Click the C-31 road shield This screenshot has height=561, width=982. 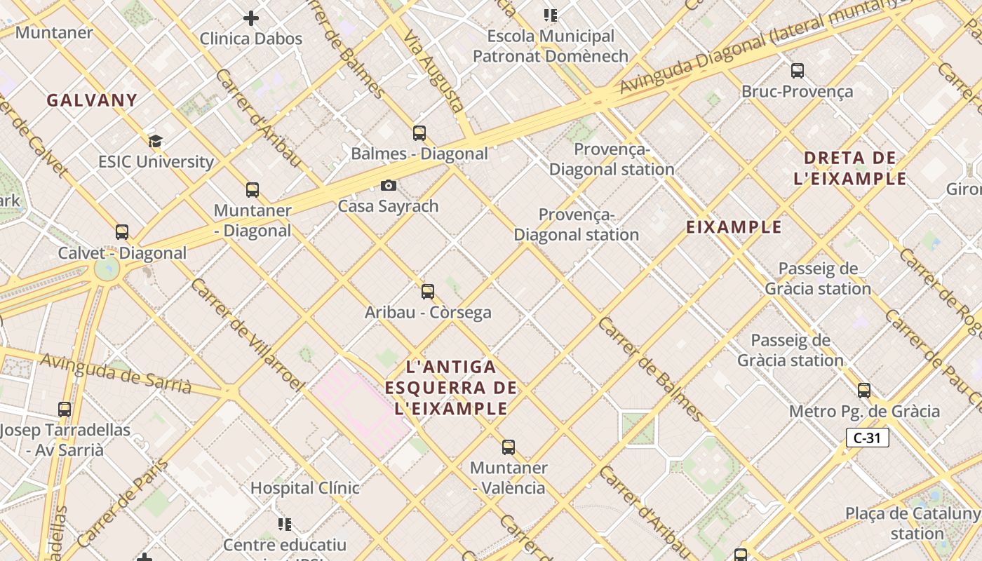pos(867,438)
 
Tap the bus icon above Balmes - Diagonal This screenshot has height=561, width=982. pos(419,133)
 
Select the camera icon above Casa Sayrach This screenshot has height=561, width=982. pos(388,185)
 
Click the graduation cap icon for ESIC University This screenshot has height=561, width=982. pos(155,141)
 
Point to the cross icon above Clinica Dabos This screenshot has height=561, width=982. pos(251,18)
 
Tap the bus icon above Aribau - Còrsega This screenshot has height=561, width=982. pos(428,292)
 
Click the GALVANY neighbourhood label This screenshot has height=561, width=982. pos(92,100)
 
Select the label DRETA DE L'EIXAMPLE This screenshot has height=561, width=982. pos(850,168)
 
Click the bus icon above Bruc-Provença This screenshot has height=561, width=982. pos(798,70)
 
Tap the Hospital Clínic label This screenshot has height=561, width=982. pos(305,487)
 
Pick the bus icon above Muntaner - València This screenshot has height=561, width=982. pos(509,447)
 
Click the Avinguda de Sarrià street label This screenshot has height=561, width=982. pos(116,373)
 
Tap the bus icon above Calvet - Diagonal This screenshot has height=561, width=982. pos(122,232)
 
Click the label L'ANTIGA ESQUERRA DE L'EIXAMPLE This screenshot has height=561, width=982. pos(451,388)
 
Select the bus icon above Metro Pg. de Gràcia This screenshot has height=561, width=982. pos(864,391)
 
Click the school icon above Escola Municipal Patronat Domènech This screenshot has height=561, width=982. pos(551,15)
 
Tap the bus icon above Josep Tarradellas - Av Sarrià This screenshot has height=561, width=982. pos(65,409)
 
